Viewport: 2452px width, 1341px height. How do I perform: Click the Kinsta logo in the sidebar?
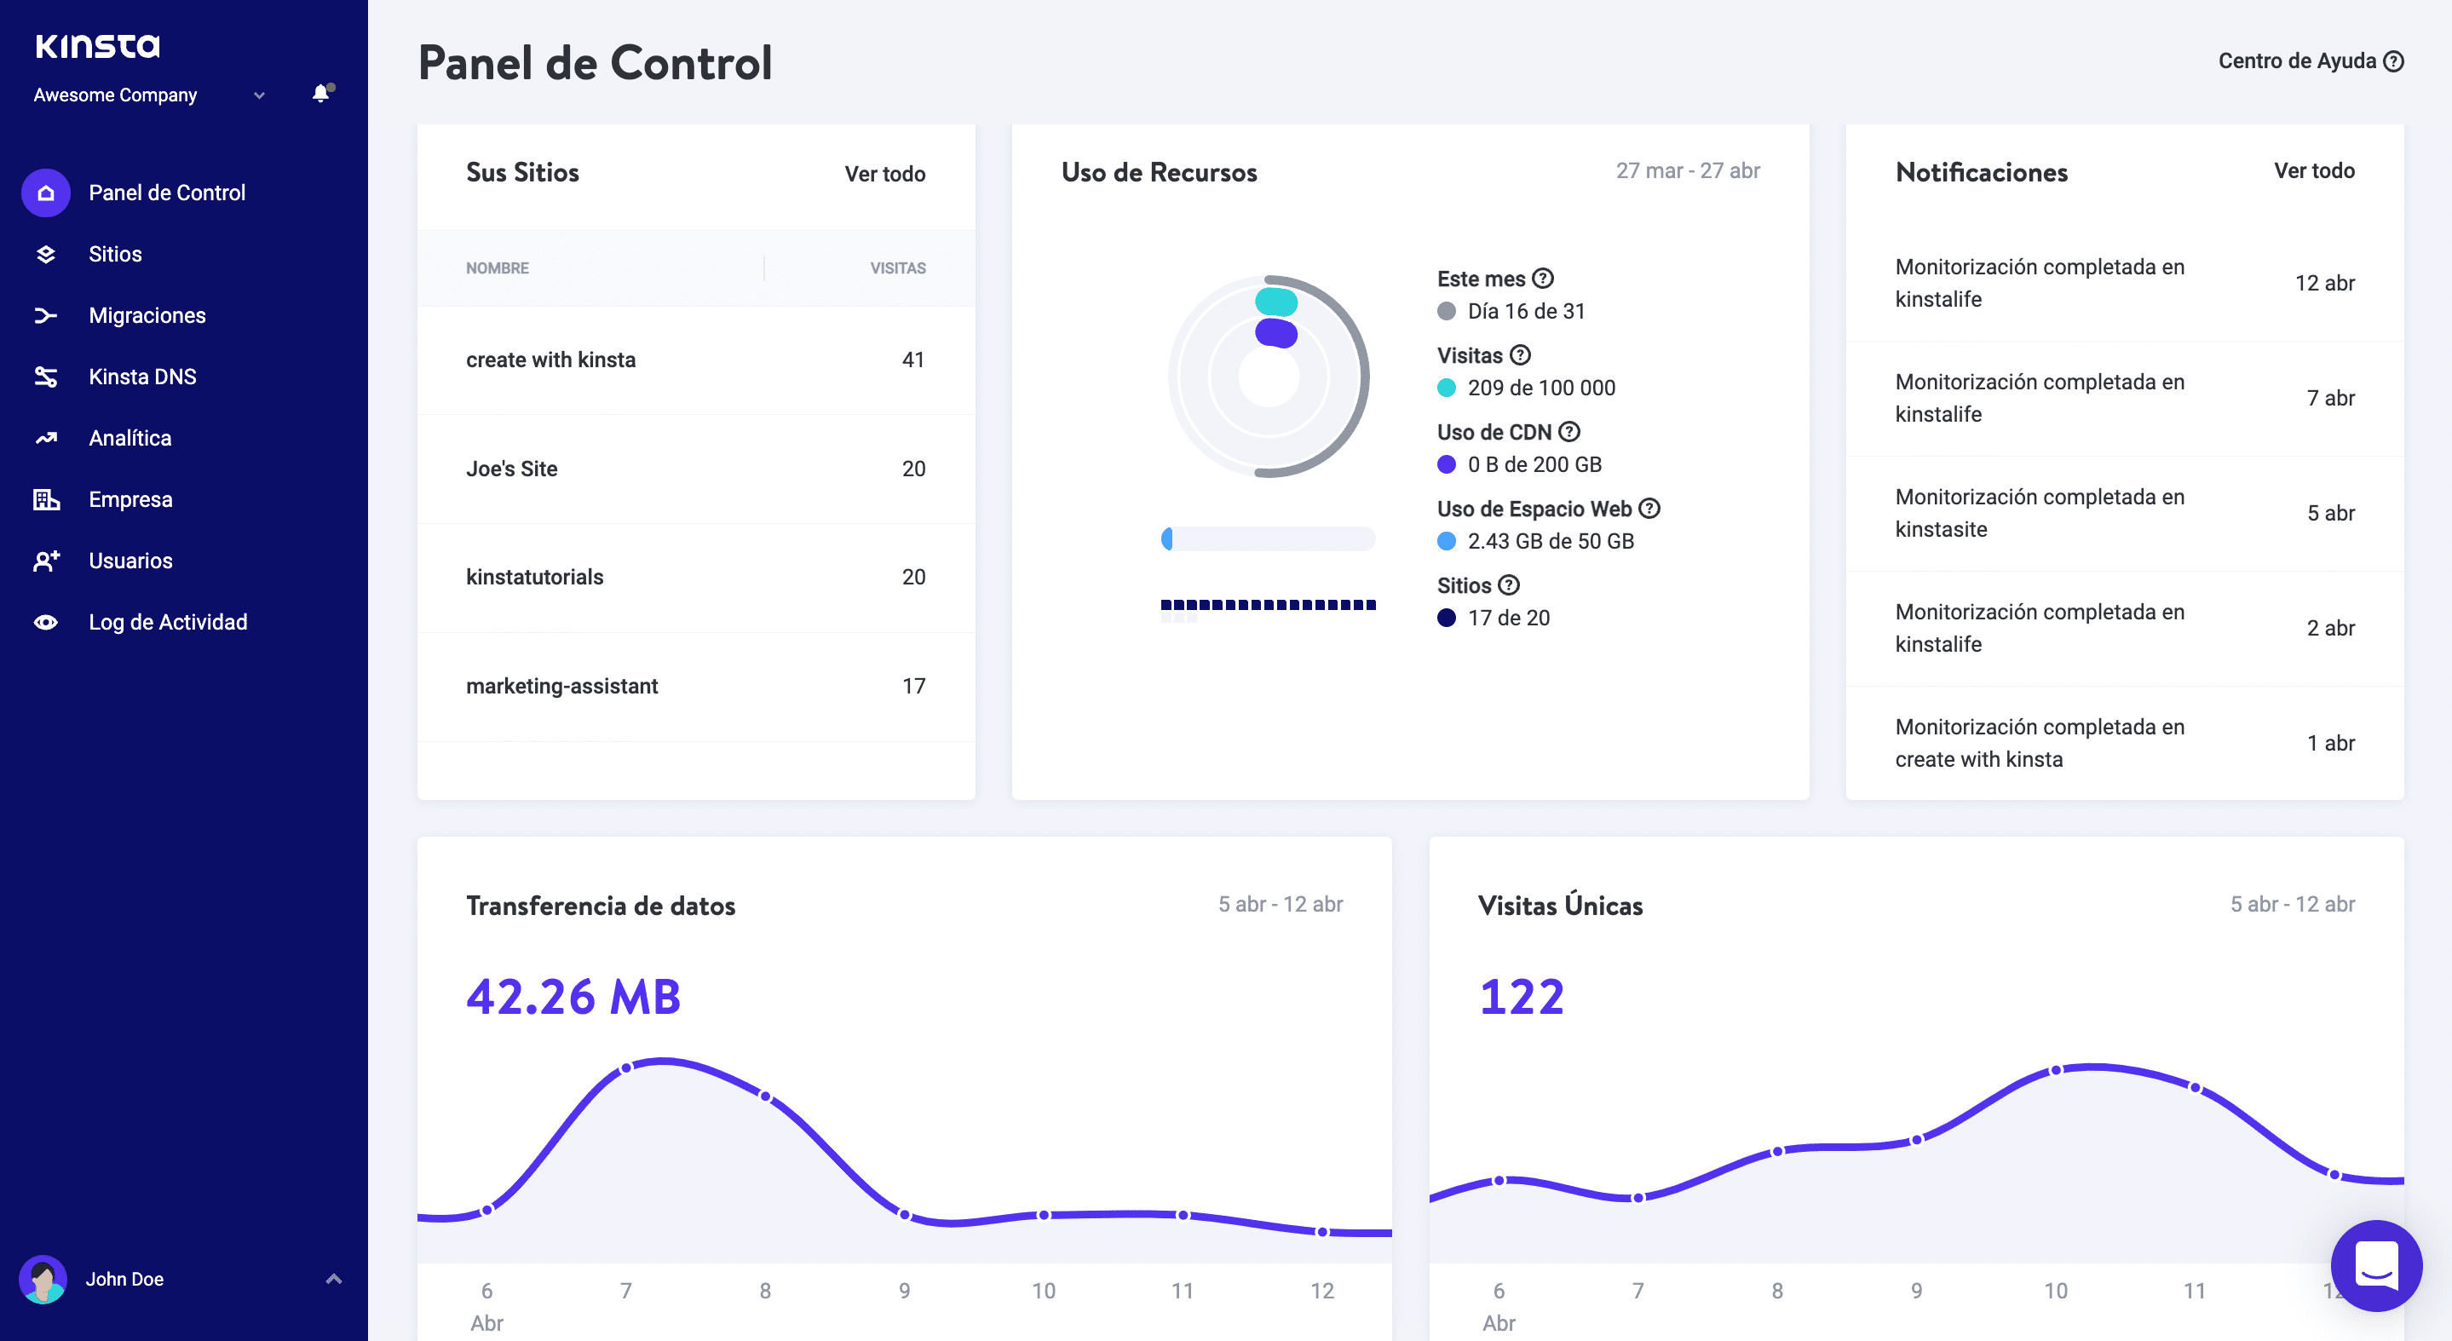click(97, 46)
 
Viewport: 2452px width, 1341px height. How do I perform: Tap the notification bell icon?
click(321, 93)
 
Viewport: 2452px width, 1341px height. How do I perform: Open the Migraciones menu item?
click(147, 315)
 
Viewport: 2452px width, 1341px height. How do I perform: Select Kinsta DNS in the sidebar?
click(141, 377)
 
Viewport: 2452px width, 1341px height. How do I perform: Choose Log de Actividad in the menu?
click(168, 623)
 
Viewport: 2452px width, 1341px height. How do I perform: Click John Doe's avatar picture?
click(43, 1279)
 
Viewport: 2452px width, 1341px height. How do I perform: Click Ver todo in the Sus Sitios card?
click(884, 174)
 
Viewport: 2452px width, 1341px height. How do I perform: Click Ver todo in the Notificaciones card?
click(2313, 171)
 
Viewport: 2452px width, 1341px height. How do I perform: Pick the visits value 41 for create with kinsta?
click(912, 360)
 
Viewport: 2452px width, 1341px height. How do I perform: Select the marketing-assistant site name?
click(561, 686)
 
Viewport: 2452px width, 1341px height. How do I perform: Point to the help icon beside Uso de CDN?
click(1568, 432)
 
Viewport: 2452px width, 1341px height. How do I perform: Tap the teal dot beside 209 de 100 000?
click(1446, 388)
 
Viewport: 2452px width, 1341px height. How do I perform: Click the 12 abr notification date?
click(2323, 284)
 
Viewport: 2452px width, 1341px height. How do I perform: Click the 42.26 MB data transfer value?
click(573, 998)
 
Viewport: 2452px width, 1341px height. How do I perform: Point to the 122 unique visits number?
click(1521, 998)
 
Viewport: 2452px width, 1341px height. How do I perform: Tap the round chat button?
click(2376, 1266)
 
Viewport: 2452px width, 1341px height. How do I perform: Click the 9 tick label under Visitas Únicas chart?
click(1916, 1292)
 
